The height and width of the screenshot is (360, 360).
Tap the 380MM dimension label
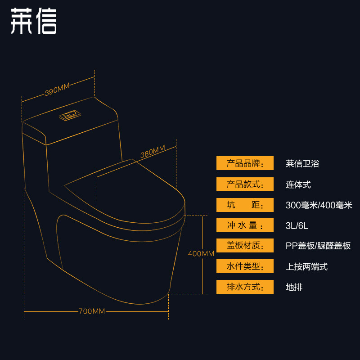pyautogui.click(x=153, y=152)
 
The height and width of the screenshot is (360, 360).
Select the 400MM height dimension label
pyautogui.click(x=201, y=254)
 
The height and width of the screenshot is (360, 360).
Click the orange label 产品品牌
pyautogui.click(x=245, y=163)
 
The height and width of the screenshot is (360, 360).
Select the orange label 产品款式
pyautogui.click(x=245, y=184)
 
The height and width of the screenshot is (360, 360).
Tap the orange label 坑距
pyautogui.click(x=245, y=205)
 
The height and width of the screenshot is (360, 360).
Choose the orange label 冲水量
pyautogui.click(x=245, y=225)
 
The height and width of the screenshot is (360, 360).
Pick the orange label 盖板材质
pyautogui.click(x=245, y=246)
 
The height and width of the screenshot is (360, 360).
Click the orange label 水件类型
pyautogui.click(x=245, y=266)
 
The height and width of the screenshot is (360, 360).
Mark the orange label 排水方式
pyautogui.click(x=245, y=287)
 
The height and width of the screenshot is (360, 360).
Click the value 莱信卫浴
pyautogui.click(x=302, y=164)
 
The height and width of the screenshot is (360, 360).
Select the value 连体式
pyautogui.click(x=298, y=184)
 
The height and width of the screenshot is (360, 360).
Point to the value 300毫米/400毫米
pyautogui.click(x=319, y=205)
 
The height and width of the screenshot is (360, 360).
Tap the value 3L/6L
pyautogui.click(x=297, y=225)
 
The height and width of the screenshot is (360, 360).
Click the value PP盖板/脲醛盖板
pyautogui.click(x=318, y=246)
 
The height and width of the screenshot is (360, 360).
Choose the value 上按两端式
pyautogui.click(x=306, y=266)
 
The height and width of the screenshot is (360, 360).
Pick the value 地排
pyautogui.click(x=294, y=287)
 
